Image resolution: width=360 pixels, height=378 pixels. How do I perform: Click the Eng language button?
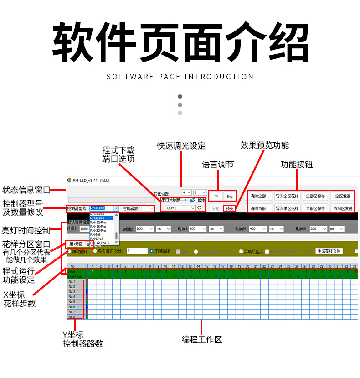[230, 196]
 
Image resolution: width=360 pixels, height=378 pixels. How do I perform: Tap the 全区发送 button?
[342, 196]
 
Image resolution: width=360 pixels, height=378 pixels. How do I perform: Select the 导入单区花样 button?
[287, 208]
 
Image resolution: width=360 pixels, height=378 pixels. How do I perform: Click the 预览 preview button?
[230, 208]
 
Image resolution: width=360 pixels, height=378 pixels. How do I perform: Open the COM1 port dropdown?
[180, 208]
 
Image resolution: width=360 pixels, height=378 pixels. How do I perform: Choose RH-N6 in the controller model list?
[95, 234]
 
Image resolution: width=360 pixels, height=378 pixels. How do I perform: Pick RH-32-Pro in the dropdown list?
[98, 230]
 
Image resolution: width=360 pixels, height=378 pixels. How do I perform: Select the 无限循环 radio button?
[152, 251]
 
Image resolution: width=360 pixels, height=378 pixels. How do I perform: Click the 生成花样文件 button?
[329, 251]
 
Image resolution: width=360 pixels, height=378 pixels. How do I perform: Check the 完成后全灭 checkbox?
[242, 251]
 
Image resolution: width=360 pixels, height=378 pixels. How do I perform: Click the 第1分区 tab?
[76, 244]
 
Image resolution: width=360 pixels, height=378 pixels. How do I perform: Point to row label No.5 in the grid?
[72, 301]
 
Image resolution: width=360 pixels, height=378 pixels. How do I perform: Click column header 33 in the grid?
[354, 266]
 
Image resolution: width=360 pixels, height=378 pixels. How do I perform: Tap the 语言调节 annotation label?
[217, 165]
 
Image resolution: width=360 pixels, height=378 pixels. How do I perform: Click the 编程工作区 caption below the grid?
[202, 339]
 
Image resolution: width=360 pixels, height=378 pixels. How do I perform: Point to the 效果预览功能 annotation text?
[264, 145]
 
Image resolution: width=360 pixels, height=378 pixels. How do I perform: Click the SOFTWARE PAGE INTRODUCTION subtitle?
[180, 77]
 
